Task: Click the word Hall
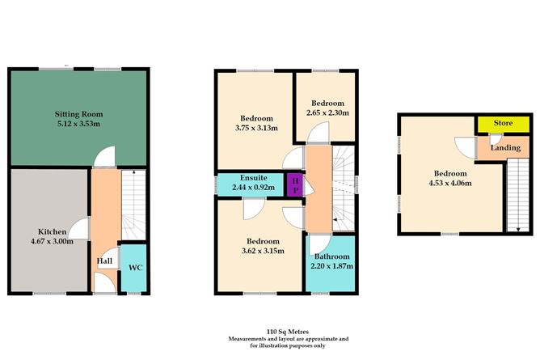[x=104, y=260]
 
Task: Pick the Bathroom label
[x=331, y=257]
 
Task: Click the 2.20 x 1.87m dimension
[x=331, y=268]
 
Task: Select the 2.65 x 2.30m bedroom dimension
[x=327, y=113]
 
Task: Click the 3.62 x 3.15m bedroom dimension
[x=256, y=252]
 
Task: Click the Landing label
[x=506, y=148]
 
